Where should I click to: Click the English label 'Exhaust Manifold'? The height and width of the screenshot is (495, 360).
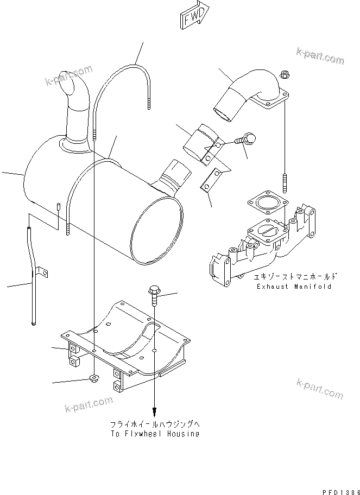pyautogui.click(x=293, y=286)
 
